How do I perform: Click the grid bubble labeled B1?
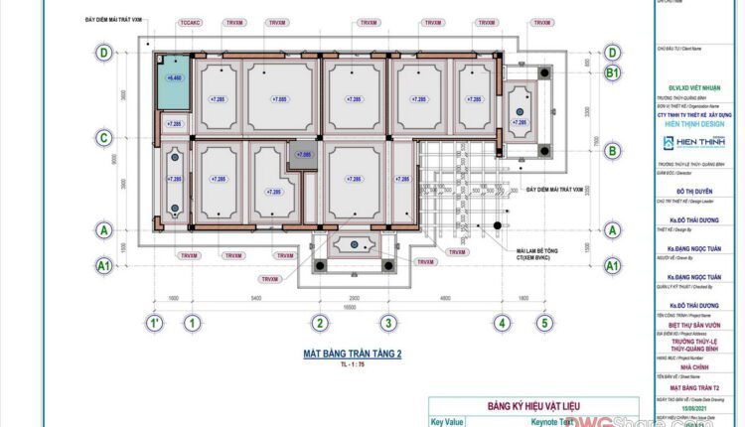pyautogui.click(x=613, y=73)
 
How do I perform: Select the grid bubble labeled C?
pyautogui.click(x=102, y=138)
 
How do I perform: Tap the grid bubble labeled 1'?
pyautogui.click(x=155, y=323)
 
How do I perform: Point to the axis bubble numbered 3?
pyautogui.click(x=388, y=323)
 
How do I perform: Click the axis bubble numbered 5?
pyautogui.click(x=544, y=323)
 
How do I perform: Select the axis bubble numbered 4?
pyautogui.click(x=503, y=323)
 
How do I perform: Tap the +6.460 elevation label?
pyautogui.click(x=175, y=76)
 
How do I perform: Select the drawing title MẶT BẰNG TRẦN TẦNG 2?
pyautogui.click(x=352, y=354)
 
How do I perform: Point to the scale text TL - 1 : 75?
pyautogui.click(x=352, y=365)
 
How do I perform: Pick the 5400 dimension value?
pyautogui.click(x=255, y=297)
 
